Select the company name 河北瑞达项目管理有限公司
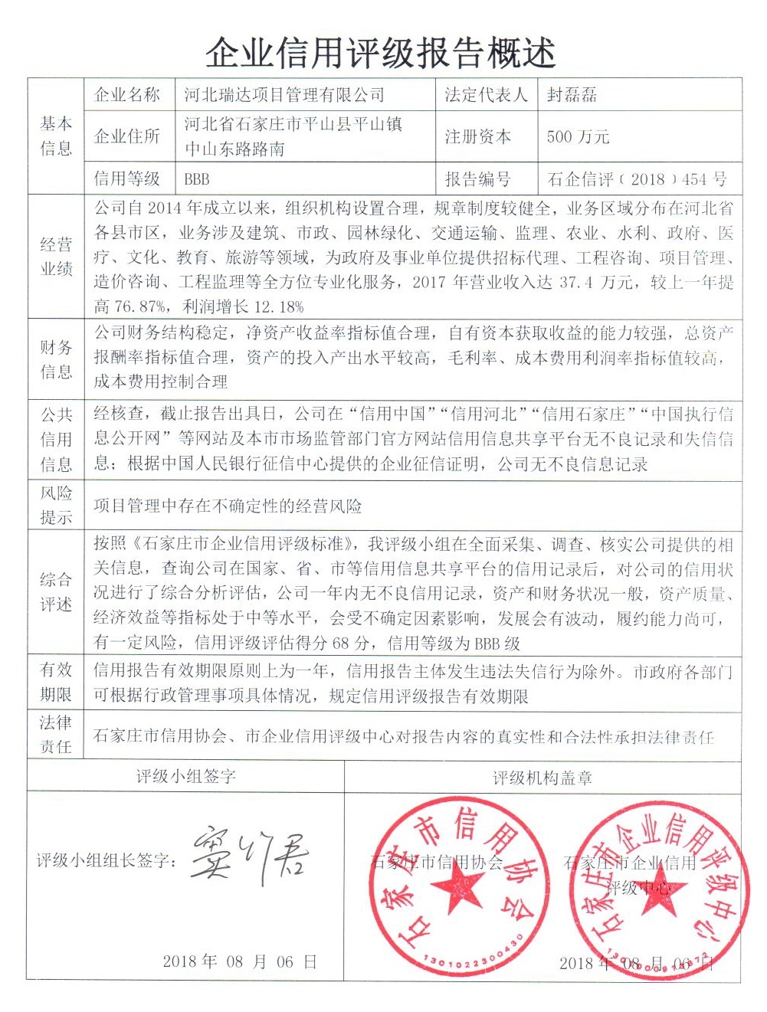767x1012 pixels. (x=284, y=96)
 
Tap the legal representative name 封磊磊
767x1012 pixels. (x=572, y=96)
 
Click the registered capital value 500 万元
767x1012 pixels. (x=578, y=137)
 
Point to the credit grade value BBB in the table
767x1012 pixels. (x=197, y=179)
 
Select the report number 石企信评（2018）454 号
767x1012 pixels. (x=637, y=179)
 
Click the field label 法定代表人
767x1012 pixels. (x=486, y=96)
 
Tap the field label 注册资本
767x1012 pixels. (x=477, y=137)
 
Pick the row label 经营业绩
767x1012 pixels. (x=56, y=257)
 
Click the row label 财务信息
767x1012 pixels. (x=56, y=359)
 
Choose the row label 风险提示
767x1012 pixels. (x=56, y=505)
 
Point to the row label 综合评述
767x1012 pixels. (x=56, y=591)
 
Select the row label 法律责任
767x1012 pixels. (x=56, y=735)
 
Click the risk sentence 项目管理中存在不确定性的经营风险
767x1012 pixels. (x=228, y=506)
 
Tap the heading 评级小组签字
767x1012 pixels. (x=185, y=777)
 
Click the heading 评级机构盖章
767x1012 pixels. (x=542, y=778)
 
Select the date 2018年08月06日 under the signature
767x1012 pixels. (x=239, y=962)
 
